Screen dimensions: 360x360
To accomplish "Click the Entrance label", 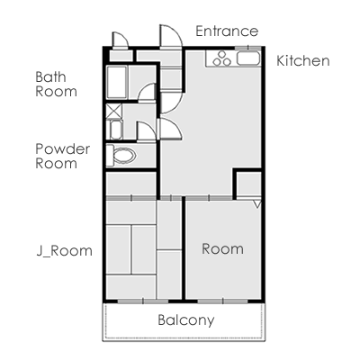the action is click(227, 31).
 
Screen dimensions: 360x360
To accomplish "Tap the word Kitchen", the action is click(303, 60).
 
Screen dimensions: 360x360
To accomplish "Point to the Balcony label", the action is click(186, 320).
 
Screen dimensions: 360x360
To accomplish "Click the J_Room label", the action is click(65, 251).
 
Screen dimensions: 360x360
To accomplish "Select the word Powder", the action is click(63, 149).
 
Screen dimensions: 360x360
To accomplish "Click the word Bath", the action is click(50, 77).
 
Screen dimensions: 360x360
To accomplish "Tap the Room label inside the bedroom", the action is click(222, 249).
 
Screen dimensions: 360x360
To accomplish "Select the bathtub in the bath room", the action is click(117, 82).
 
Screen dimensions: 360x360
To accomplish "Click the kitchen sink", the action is click(248, 58).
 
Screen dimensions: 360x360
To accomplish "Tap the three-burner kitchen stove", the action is click(221, 58).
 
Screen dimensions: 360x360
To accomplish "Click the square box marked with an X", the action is click(114, 111).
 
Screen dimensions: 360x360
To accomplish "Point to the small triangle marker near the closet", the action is click(257, 204).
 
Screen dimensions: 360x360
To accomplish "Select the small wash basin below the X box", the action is click(116, 130).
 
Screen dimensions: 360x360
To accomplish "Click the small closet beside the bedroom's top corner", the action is click(248, 184).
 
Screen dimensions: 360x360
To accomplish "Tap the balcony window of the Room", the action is click(222, 301).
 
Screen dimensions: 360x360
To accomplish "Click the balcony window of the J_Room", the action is click(143, 301).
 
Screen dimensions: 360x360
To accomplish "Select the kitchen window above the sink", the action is click(247, 48).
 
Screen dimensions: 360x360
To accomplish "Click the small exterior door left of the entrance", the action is click(120, 40).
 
